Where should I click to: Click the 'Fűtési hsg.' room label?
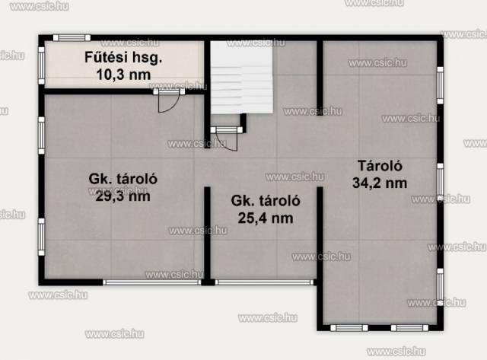[123, 58]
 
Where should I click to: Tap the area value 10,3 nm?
[123, 75]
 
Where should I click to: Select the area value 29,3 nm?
[123, 196]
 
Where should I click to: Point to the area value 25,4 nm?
[266, 218]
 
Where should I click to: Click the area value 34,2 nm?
[380, 183]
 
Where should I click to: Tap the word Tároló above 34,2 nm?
[380, 166]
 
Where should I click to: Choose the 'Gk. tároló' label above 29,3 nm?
[123, 179]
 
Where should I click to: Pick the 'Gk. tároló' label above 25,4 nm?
[266, 201]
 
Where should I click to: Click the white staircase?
[242, 77]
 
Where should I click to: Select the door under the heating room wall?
[169, 100]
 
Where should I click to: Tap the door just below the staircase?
[227, 138]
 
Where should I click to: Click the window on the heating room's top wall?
[72, 38]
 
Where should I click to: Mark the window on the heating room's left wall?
[41, 65]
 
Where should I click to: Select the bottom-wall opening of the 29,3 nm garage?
[152, 282]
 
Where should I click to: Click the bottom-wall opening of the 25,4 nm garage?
[264, 282]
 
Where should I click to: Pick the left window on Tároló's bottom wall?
[349, 328]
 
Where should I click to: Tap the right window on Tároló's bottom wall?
[409, 328]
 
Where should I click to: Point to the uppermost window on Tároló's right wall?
[440, 85]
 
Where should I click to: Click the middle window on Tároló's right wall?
[440, 182]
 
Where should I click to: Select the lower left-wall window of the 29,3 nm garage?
[41, 237]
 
